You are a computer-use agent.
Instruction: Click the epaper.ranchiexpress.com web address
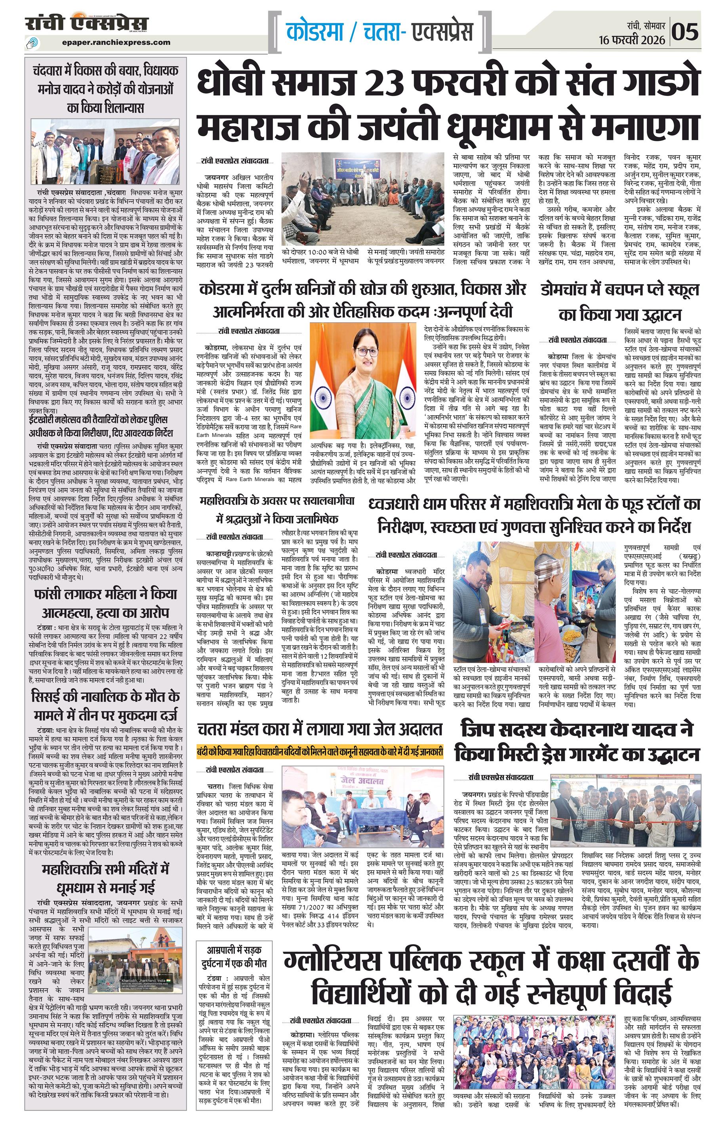[x=116, y=42]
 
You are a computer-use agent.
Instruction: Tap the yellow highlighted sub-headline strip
[x=320, y=749]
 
